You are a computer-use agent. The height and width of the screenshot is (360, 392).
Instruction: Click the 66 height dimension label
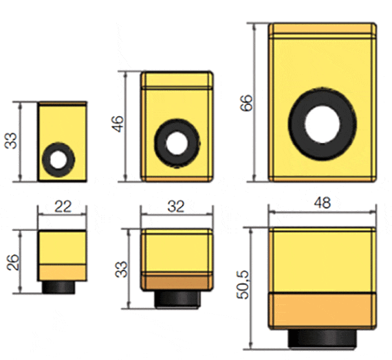click(x=246, y=102)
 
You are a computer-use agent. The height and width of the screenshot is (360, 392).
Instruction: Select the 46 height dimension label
click(x=118, y=124)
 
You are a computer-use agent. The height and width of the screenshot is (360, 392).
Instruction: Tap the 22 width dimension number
click(x=63, y=207)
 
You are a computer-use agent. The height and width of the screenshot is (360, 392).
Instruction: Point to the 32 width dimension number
click(x=176, y=207)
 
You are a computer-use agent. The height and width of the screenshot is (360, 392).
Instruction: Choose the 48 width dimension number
click(x=323, y=203)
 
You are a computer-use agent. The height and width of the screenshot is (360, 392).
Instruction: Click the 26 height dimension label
click(x=13, y=262)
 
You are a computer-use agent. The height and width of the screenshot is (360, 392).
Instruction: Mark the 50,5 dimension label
click(x=243, y=285)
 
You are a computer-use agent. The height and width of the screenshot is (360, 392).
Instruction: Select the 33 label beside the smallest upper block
click(x=11, y=141)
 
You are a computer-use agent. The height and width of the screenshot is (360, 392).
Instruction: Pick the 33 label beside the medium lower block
click(x=121, y=269)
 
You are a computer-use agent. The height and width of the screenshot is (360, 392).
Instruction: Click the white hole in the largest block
click(x=323, y=124)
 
